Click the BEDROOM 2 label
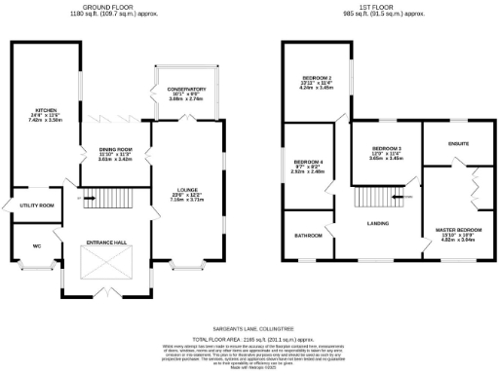tap(317, 77)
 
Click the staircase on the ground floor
tap(102, 202)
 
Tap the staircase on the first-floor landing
tap(373, 199)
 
